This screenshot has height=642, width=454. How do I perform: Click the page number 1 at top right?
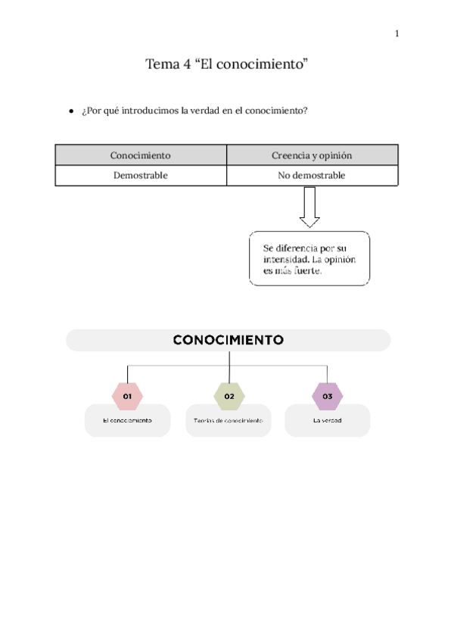click(397, 33)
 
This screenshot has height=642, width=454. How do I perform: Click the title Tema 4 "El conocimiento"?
click(228, 64)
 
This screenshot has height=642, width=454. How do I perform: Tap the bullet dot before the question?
click(70, 111)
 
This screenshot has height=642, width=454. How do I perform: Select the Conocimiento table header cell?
click(140, 155)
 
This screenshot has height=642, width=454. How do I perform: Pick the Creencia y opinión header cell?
click(312, 155)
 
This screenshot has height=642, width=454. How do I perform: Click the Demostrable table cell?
click(140, 175)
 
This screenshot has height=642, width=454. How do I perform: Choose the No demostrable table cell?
click(312, 175)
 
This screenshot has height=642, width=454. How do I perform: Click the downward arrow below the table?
click(309, 207)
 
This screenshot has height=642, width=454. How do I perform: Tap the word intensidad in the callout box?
click(286, 259)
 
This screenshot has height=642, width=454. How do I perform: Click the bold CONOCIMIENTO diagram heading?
click(228, 340)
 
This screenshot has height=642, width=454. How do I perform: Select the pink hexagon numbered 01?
click(127, 396)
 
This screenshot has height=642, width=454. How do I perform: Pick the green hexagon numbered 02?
click(229, 396)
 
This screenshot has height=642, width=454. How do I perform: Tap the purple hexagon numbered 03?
click(328, 396)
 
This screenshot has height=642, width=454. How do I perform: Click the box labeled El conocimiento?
click(127, 420)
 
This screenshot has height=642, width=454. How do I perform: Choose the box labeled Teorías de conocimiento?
click(229, 420)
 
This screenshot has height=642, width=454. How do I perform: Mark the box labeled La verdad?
click(328, 420)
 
